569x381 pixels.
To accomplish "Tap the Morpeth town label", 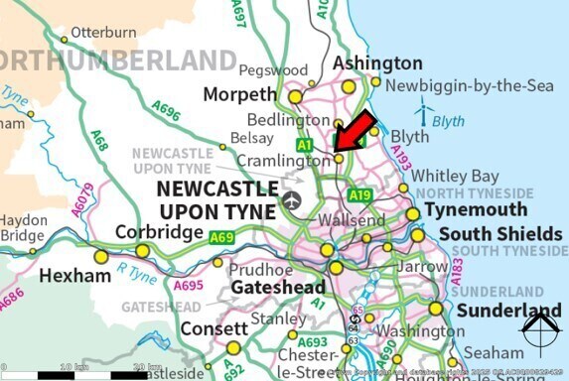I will click(239, 94).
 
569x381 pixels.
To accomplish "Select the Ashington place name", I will click(363, 63).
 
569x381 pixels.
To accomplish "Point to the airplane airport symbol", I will click(291, 200).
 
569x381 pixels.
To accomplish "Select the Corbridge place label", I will click(152, 231).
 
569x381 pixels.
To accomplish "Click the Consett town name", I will click(213, 327).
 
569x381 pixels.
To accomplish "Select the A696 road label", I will click(166, 111).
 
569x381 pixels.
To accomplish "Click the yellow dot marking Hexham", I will click(101, 256).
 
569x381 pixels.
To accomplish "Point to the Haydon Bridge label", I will click(23, 227).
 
